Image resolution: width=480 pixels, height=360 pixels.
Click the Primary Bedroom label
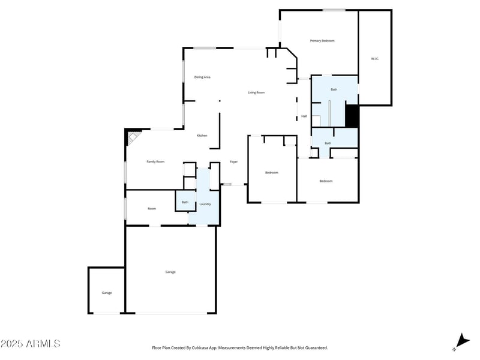(x=322, y=41)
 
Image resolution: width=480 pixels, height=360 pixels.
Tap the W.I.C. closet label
(x=374, y=59)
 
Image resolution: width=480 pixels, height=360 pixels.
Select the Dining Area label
(x=202, y=77)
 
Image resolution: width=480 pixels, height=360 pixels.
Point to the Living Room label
(x=256, y=92)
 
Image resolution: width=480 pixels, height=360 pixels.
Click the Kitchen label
(x=202, y=136)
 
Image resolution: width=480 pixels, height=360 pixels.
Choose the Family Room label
(x=155, y=161)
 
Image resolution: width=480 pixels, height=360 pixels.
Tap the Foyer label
(x=234, y=162)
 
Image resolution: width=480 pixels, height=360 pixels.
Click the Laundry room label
(x=205, y=204)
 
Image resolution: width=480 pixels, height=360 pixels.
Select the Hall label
(x=304, y=116)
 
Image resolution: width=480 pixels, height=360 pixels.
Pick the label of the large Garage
(x=170, y=272)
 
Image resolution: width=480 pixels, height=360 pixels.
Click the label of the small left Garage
(x=107, y=293)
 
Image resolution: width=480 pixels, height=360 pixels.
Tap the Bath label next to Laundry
(x=185, y=202)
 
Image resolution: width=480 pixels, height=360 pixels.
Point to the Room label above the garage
(x=152, y=209)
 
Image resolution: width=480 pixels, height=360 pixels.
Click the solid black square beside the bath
(x=352, y=116)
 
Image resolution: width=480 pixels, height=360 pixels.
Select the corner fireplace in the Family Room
(x=131, y=139)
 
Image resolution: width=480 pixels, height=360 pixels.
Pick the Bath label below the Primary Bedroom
(x=334, y=89)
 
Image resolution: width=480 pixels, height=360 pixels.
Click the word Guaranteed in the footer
(x=314, y=347)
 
